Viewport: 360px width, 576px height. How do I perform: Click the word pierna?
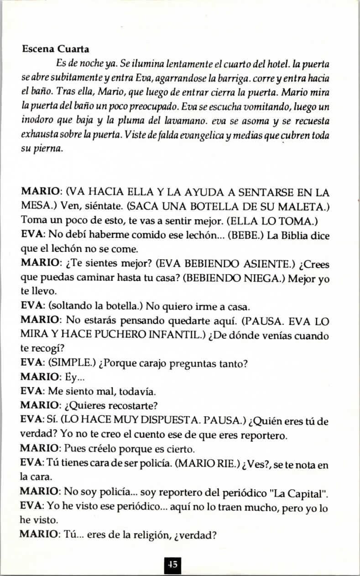tap(47, 149)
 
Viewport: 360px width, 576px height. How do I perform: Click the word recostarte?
tap(130, 405)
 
